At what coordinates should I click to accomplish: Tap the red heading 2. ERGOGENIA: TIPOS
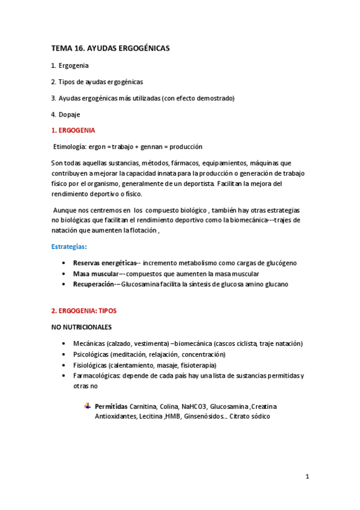[84, 311]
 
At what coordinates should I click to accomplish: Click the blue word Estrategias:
[69, 247]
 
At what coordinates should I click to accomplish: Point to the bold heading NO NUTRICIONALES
[81, 327]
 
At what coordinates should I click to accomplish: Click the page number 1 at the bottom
[307, 477]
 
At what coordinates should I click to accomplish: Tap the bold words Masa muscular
[96, 274]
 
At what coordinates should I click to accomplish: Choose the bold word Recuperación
[94, 284]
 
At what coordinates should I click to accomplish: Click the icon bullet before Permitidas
[88, 407]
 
